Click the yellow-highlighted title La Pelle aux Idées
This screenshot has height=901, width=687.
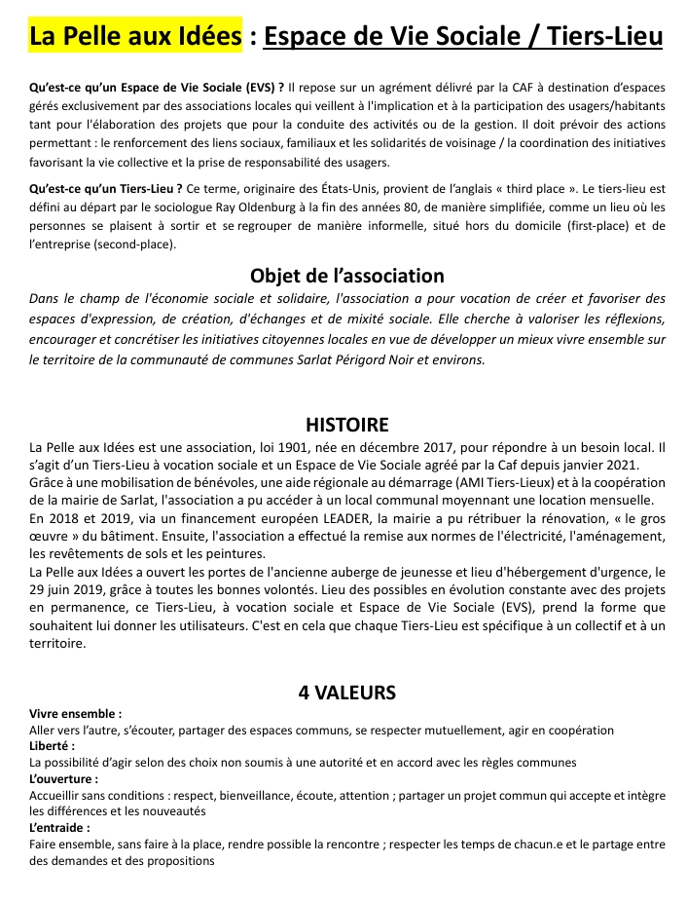tap(135, 36)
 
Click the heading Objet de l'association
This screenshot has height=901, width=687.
tap(346, 276)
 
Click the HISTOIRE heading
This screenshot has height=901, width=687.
tap(346, 425)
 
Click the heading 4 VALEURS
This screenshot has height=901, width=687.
tap(346, 693)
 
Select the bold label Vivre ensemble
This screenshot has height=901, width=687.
tap(76, 713)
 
